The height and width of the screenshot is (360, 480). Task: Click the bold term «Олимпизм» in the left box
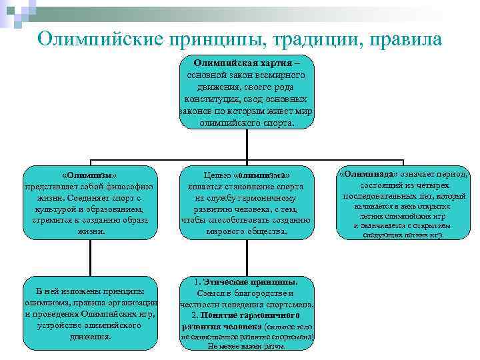click(89, 175)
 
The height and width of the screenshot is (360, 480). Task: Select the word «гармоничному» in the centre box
click(268, 198)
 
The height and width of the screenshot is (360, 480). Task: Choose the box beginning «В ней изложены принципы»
click(89, 314)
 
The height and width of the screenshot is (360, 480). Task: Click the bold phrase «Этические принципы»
click(250, 281)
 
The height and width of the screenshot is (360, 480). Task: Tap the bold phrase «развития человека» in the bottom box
click(222, 327)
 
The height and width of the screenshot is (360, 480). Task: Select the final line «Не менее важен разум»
click(247, 347)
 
